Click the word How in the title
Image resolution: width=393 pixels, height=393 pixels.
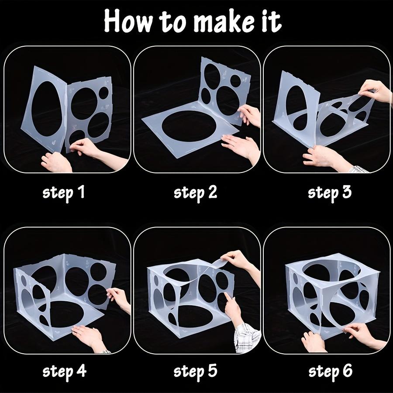point(127,22)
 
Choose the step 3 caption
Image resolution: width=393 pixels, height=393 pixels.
point(330,192)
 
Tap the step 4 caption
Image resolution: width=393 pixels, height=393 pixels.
point(64,371)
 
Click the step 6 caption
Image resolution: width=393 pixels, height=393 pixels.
point(330,371)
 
